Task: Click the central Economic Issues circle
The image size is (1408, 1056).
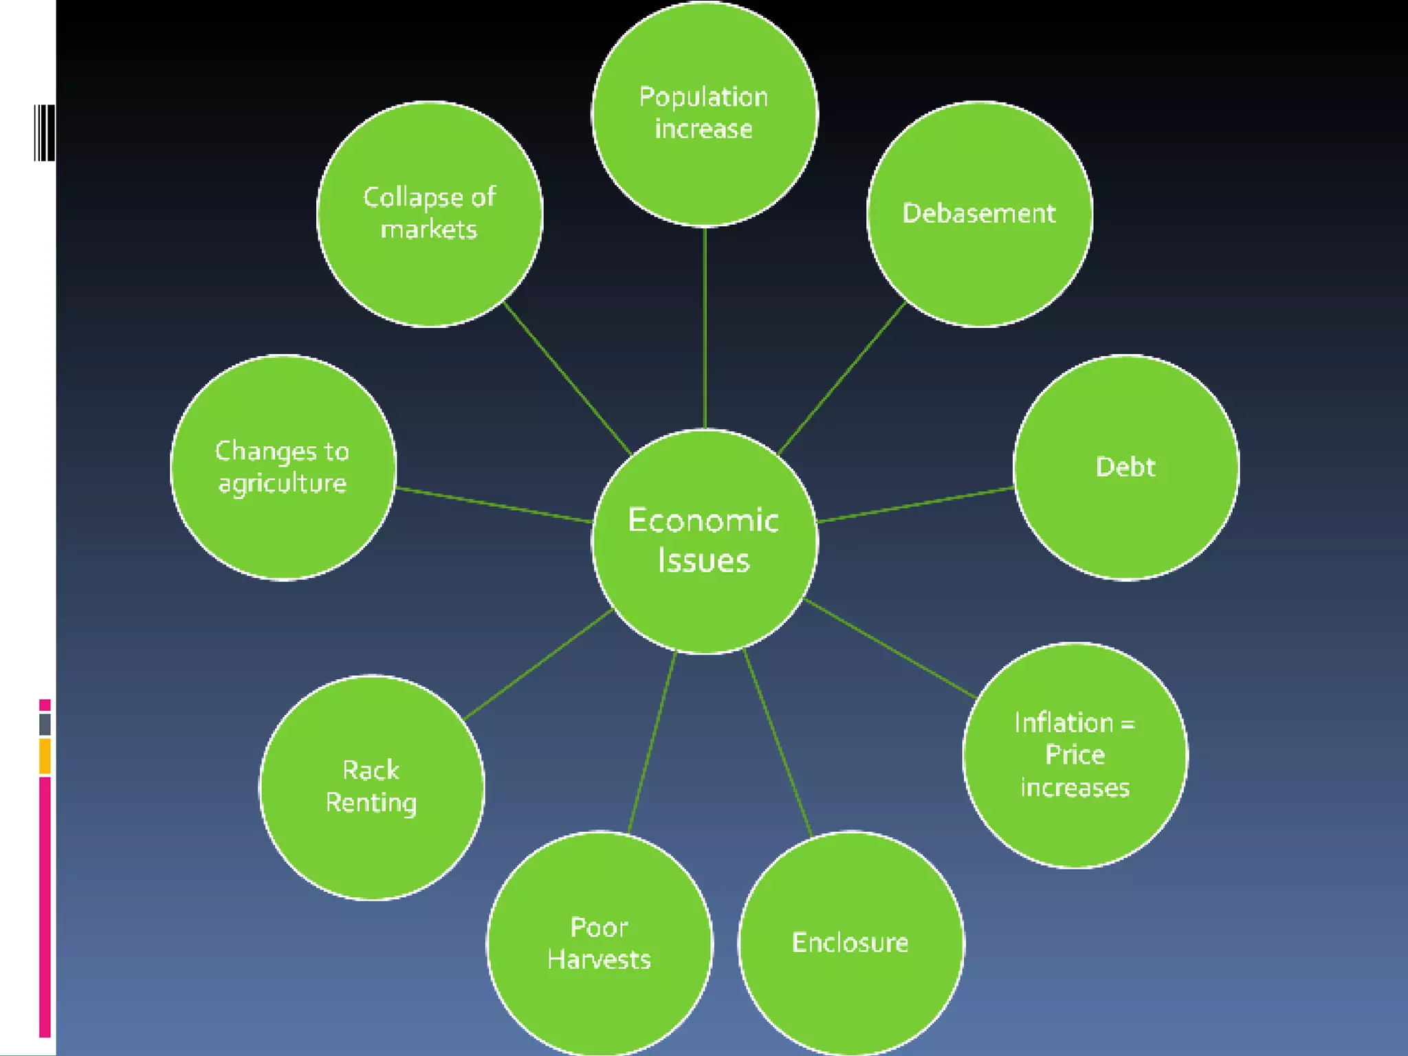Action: [x=704, y=541]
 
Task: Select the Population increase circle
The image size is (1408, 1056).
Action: [x=704, y=113]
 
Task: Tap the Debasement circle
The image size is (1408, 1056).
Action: [x=979, y=214]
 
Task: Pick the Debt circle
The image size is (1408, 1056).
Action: [x=1126, y=467]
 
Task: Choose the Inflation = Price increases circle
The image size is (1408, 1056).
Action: [x=1075, y=755]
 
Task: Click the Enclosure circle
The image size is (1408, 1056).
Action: [x=850, y=943]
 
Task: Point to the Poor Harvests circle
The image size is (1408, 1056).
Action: [x=599, y=943]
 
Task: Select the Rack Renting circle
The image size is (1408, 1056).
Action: [x=371, y=787]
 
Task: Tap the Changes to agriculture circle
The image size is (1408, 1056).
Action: [x=283, y=467]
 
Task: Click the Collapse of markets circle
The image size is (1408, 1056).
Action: [x=430, y=214]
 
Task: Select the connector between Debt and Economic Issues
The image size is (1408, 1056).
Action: [x=916, y=505]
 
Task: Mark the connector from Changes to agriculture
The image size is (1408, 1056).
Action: [x=494, y=505]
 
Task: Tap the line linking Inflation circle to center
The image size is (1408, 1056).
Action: [x=890, y=648]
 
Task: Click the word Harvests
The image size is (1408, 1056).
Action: [x=599, y=959]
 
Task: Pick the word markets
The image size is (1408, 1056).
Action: [x=429, y=230]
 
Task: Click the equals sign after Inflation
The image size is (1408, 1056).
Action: [x=1127, y=723]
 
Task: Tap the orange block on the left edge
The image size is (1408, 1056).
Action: [x=45, y=756]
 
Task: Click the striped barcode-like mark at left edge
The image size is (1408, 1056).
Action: [x=44, y=133]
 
